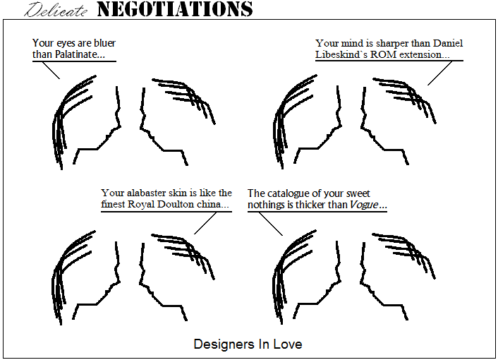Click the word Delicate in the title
(56, 10)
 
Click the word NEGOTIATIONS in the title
(175, 9)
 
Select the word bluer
(104, 43)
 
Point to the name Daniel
(448, 43)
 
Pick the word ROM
(383, 54)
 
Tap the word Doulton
(176, 204)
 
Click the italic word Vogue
(364, 205)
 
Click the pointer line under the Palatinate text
(51, 70)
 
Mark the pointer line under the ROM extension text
(440, 73)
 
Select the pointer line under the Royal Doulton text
(205, 223)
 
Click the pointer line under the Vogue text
(271, 224)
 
